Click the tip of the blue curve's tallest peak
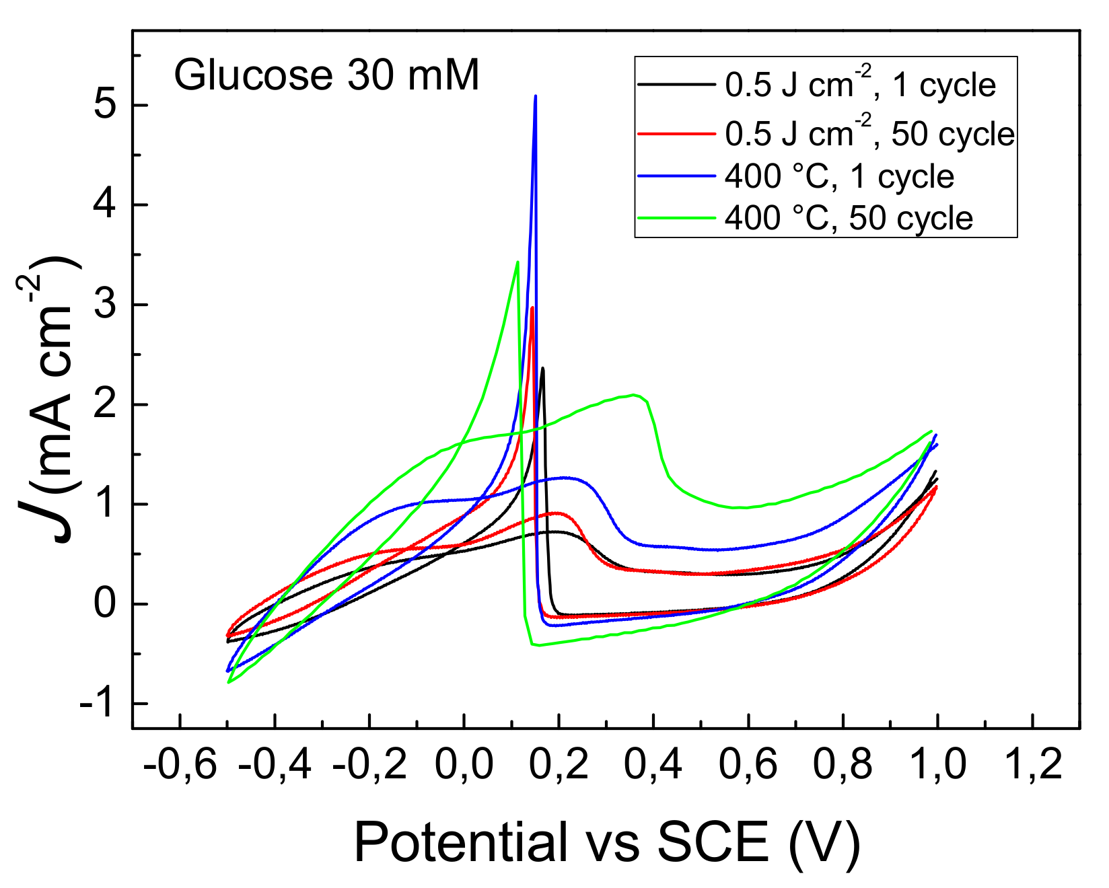click(535, 96)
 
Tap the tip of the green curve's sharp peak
click(517, 262)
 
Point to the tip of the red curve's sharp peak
click(532, 308)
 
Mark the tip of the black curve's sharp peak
click(542, 368)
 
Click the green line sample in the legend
click(676, 217)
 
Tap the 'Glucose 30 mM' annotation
click(327, 75)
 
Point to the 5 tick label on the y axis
click(105, 106)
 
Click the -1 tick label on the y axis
click(98, 704)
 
